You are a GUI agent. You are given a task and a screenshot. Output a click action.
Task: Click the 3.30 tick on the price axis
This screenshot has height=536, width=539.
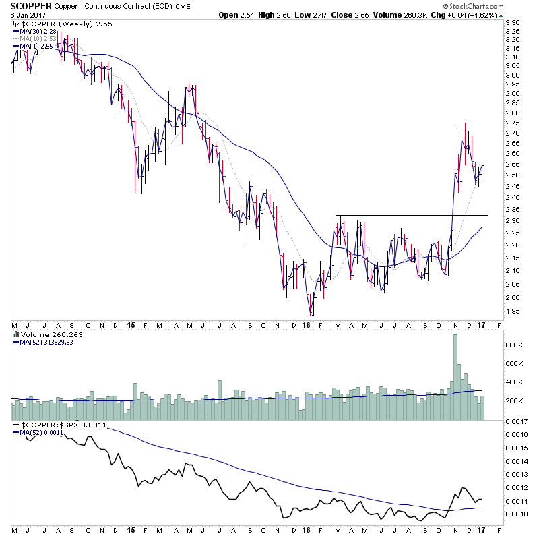[x=513, y=23]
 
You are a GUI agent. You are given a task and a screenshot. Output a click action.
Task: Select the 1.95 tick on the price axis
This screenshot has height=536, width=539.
[x=513, y=311]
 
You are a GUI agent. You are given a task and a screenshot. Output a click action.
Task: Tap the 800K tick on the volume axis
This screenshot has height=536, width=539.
[x=515, y=345]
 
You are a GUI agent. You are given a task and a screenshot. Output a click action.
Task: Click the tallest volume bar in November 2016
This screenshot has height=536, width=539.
[x=455, y=378]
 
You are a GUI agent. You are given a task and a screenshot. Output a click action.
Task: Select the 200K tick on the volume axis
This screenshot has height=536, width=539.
[x=515, y=401]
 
